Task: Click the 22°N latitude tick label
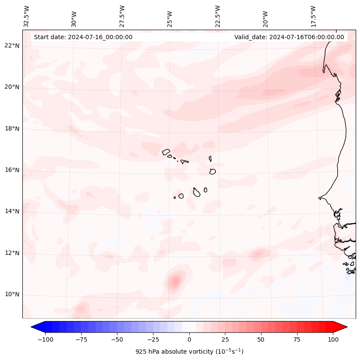(12, 46)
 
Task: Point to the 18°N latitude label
(12, 129)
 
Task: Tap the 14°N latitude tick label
(12, 211)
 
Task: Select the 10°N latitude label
(12, 294)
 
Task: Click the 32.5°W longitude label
(26, 16)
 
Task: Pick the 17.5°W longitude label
(313, 16)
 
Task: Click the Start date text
(83, 37)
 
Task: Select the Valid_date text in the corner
(289, 37)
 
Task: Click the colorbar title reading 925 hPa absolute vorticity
(189, 352)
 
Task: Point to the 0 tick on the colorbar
(189, 339)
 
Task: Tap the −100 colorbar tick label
(45, 339)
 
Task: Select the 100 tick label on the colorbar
(333, 339)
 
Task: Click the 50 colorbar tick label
(261, 339)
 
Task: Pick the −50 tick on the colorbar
(117, 339)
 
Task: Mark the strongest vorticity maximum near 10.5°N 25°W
(175, 282)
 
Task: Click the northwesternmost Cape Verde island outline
(166, 152)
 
